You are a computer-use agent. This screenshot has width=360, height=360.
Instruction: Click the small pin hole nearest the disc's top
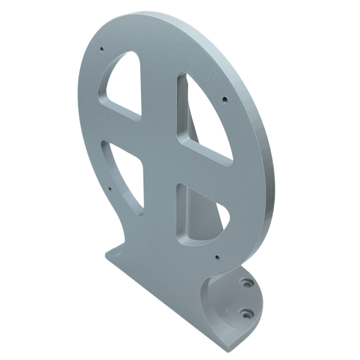102,48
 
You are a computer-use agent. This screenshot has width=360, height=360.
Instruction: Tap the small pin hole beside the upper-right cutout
225,99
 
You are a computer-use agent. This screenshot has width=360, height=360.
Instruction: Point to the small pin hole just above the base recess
217,258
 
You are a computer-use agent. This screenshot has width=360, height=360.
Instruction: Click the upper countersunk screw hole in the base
245,283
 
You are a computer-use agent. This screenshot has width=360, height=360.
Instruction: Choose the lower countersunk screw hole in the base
245,312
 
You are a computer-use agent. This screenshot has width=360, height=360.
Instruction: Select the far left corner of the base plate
106,256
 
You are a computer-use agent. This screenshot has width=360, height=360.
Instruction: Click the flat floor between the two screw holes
238,298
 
